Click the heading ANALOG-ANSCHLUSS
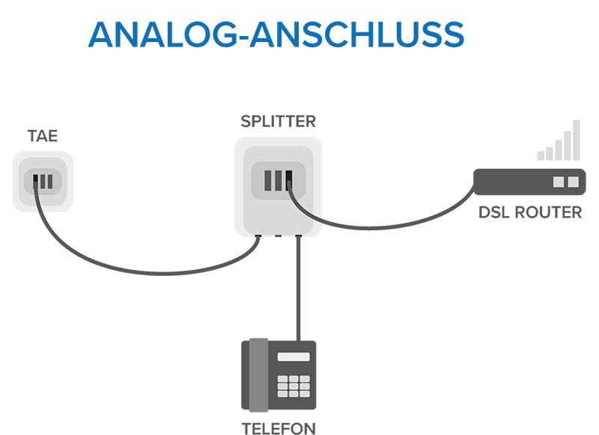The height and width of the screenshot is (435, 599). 276,34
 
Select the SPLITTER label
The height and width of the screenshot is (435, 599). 278,121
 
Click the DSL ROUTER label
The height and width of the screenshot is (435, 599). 529,212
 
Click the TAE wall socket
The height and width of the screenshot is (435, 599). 43,181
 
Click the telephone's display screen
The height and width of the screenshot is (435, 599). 293,357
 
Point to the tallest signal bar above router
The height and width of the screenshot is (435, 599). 576,140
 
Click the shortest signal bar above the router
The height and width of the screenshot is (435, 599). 541,155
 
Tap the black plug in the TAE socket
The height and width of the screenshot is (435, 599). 35,181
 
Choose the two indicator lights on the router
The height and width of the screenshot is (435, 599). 565,181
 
